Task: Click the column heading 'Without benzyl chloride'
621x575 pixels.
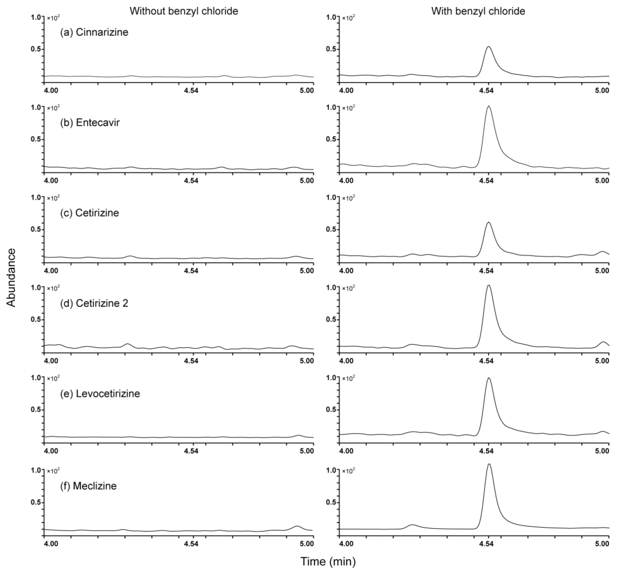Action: coord(184,11)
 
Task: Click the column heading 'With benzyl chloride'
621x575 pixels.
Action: coord(478,11)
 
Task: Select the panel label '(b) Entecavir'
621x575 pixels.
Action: coord(90,123)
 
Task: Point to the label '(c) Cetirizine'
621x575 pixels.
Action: coord(90,213)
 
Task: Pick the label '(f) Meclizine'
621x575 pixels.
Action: coord(88,486)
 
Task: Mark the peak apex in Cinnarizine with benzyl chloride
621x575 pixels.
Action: coord(488,47)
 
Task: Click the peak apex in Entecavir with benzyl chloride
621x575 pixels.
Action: coord(488,106)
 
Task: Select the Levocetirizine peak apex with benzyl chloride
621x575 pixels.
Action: coord(488,378)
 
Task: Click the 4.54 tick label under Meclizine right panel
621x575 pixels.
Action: coord(487,544)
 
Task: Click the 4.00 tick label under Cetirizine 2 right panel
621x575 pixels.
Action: coord(346,361)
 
